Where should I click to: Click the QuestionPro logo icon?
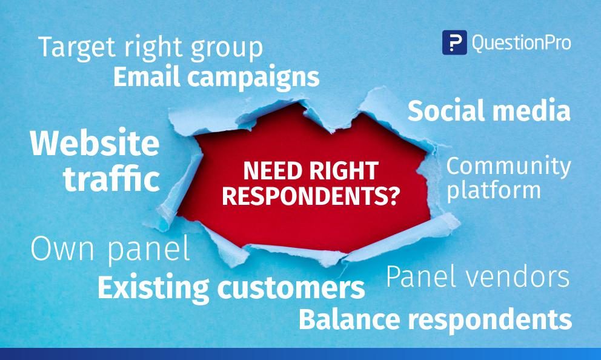tap(454, 42)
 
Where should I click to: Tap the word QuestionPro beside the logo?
tap(522, 42)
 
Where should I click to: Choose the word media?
tap(531, 111)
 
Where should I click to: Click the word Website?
tap(95, 143)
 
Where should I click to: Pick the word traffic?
tap(111, 178)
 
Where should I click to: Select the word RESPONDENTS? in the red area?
tap(311, 196)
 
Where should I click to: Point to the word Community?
tap(509, 167)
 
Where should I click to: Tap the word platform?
tap(494, 190)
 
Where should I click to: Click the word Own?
tap(62, 249)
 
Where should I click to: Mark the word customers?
tap(291, 288)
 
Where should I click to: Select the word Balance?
tap(350, 319)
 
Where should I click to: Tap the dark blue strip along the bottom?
tap(300, 354)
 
